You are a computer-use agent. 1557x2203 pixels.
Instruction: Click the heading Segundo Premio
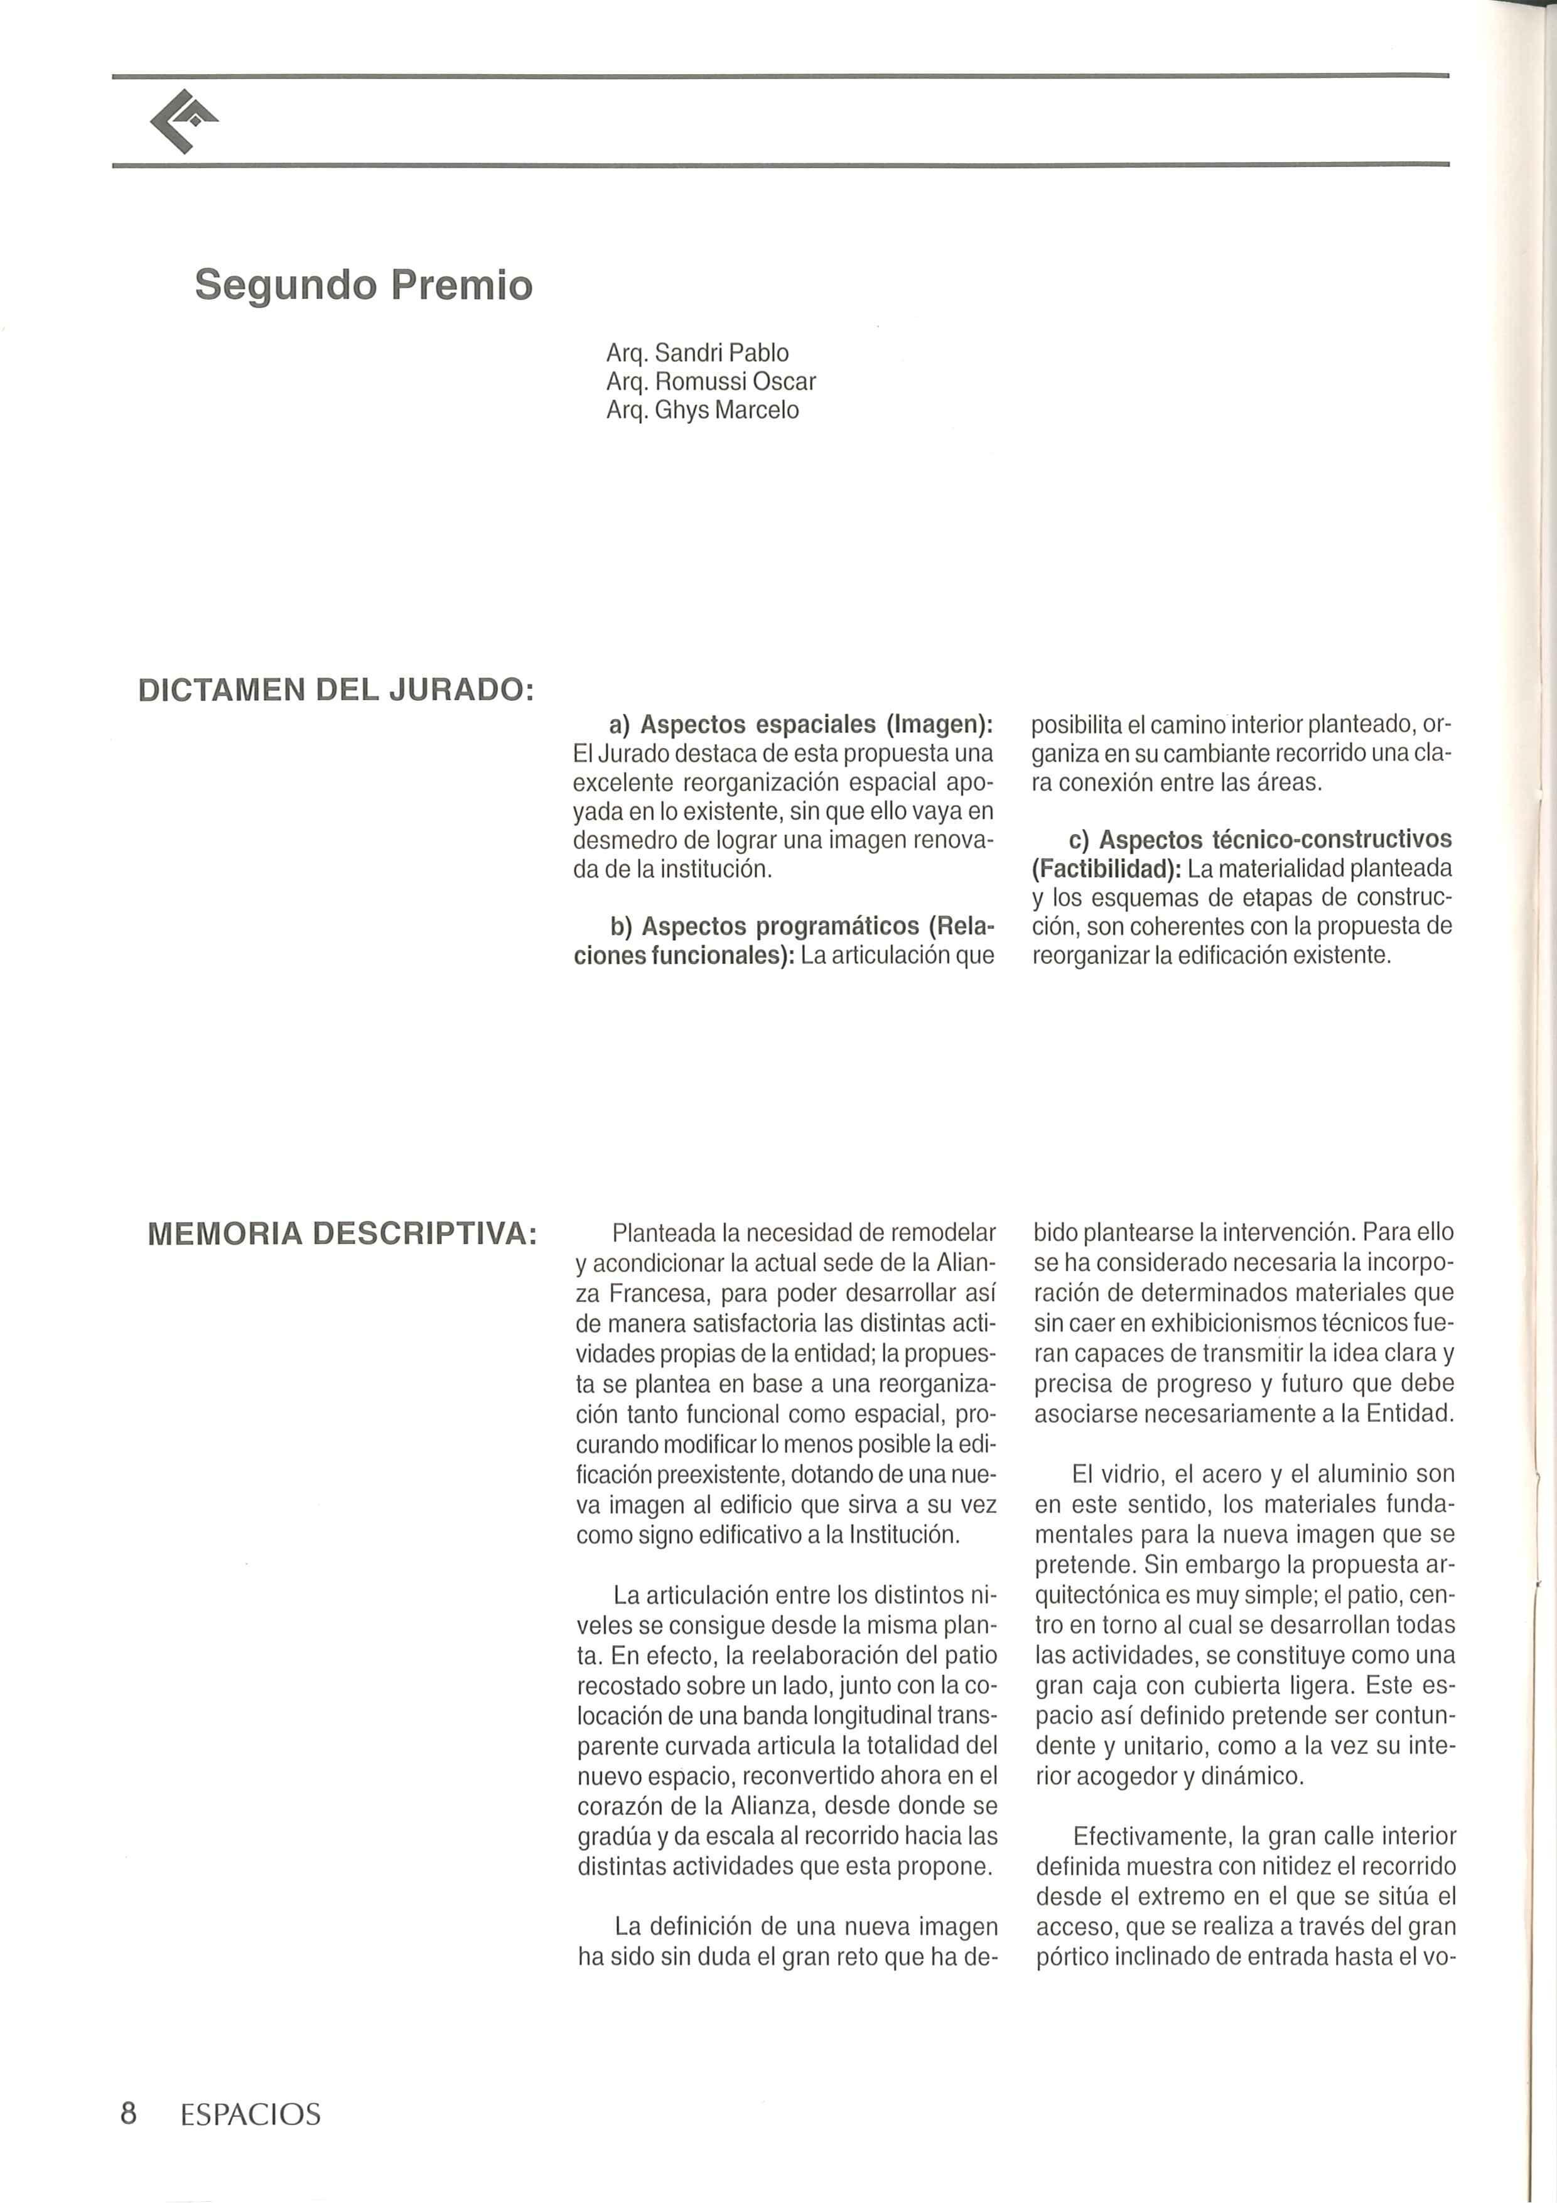(x=363, y=285)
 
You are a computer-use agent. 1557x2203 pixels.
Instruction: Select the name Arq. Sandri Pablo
(x=698, y=352)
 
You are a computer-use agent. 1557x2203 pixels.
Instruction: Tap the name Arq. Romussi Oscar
(x=711, y=381)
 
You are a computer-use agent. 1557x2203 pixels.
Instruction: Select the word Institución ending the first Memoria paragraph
(x=903, y=1534)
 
